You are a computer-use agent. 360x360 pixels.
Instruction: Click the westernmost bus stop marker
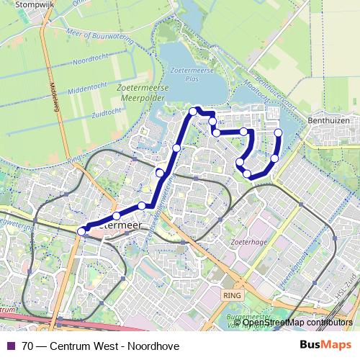point(81,230)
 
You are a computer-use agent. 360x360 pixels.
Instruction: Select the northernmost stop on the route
point(194,111)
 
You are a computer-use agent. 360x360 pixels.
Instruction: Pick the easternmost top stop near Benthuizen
point(279,132)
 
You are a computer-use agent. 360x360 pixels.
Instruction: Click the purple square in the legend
point(10,346)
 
